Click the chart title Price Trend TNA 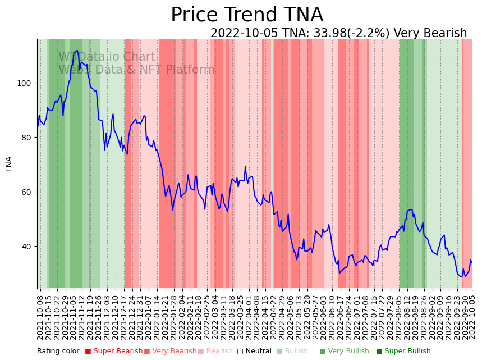(x=247, y=15)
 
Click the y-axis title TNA (x=9, y=164)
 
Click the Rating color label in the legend (x=58, y=352)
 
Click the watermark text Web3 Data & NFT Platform (x=136, y=70)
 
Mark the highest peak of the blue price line (x=77, y=51)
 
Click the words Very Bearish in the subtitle (x=430, y=33)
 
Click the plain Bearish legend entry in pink (x=219, y=352)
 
